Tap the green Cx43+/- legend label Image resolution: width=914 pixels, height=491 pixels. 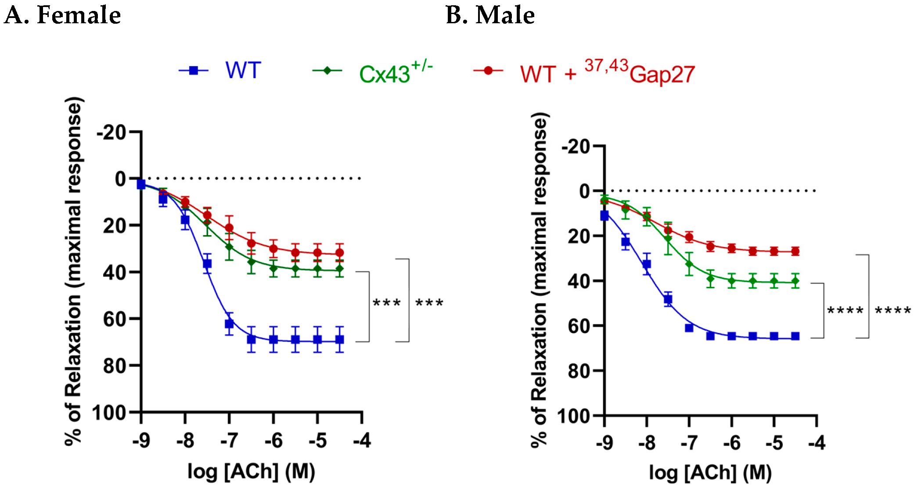(395, 72)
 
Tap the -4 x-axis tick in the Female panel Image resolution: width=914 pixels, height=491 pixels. (362, 440)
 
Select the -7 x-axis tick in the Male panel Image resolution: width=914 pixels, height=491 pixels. (689, 443)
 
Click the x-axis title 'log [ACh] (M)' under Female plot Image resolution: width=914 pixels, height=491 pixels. (251, 472)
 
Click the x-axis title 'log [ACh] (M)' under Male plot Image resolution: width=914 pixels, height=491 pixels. (710, 473)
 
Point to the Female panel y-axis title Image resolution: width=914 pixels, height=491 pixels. (74, 272)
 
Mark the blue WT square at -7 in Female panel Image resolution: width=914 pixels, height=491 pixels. (229, 324)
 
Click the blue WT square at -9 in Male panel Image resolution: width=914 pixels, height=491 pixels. (605, 215)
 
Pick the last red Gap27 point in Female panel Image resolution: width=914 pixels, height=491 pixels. (339, 253)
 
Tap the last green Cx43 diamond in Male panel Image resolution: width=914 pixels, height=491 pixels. (795, 281)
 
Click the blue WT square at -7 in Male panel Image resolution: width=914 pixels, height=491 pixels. (689, 328)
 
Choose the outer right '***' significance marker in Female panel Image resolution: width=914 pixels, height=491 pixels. (429, 302)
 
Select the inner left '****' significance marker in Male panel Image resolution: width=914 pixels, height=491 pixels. (845, 310)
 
